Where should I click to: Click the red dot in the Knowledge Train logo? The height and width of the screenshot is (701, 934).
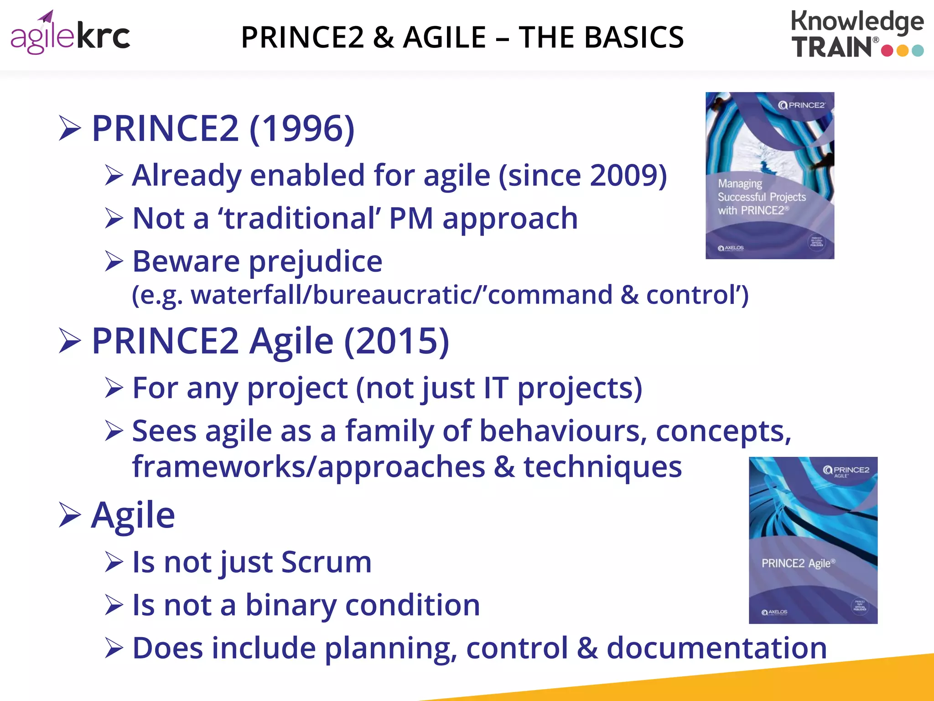pos(887,50)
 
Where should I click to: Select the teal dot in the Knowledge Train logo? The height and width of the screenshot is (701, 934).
pos(918,50)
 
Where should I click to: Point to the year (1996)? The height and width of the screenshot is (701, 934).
pos(302,129)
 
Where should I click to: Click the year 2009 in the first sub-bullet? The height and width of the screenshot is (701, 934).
pos(624,175)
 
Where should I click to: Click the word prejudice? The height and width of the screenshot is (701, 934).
pos(315,262)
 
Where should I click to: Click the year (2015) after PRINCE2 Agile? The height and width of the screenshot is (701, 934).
pos(396,341)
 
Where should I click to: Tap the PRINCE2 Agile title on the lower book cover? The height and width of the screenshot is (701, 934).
pos(798,563)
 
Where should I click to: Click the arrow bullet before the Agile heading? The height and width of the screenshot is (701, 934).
pos(70,516)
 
